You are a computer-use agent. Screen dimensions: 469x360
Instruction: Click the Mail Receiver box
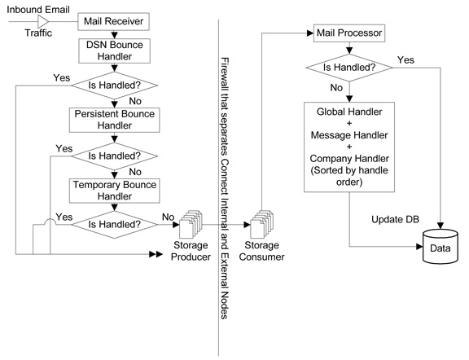click(x=113, y=21)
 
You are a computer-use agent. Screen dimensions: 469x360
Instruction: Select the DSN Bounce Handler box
click(x=114, y=50)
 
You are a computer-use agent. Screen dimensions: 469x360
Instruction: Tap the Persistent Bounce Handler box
click(x=114, y=120)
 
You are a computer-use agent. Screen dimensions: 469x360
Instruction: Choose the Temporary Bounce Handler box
click(x=114, y=191)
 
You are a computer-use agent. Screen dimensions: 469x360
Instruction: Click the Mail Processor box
click(x=349, y=33)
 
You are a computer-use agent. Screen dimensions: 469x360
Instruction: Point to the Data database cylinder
click(x=441, y=247)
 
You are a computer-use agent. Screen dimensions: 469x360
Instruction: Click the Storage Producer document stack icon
click(x=191, y=224)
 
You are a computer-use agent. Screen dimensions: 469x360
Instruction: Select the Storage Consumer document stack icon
click(x=261, y=224)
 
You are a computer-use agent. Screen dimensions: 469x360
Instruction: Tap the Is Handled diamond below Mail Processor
click(x=349, y=68)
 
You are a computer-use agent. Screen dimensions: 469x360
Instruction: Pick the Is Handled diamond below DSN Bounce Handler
click(x=114, y=86)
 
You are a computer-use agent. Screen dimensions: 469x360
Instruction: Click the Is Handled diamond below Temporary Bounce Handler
click(x=114, y=225)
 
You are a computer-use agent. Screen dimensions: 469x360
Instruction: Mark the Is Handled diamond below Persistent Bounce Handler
click(x=114, y=156)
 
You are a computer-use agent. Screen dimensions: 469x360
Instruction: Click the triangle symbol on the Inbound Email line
click(x=43, y=21)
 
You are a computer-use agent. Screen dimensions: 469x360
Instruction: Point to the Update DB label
click(x=395, y=219)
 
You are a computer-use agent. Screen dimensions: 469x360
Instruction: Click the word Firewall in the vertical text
click(x=225, y=73)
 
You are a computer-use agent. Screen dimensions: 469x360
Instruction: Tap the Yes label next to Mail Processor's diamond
click(x=405, y=59)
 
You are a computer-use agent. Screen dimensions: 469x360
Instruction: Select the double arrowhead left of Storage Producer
click(x=156, y=254)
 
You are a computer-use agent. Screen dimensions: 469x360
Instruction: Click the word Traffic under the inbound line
click(x=38, y=33)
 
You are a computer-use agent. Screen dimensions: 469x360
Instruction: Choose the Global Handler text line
click(x=349, y=112)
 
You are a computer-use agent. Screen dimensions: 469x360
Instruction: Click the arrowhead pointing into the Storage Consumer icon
click(x=248, y=225)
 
